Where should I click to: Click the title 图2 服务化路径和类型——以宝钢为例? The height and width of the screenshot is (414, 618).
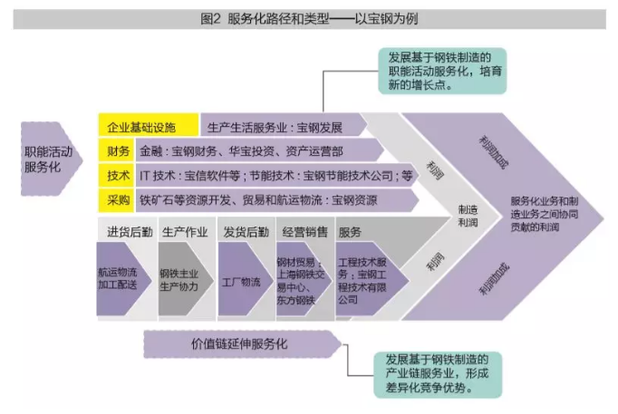click(308, 18)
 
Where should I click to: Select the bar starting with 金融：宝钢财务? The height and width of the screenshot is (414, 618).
click(272, 149)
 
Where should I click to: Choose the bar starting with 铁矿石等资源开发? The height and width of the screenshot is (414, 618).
click(272, 198)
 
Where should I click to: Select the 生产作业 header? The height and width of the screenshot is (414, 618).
click(185, 231)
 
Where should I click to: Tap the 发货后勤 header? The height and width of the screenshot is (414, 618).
click(243, 231)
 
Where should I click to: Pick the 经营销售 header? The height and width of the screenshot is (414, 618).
click(304, 231)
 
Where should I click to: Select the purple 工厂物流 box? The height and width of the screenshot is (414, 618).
click(242, 281)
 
